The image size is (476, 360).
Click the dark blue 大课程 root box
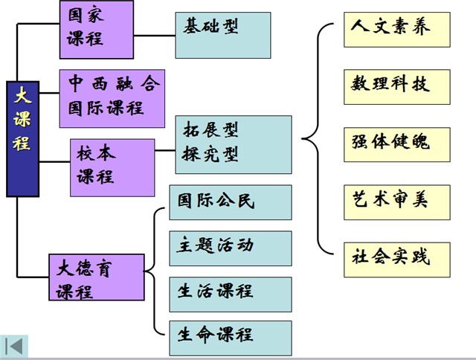click(x=22, y=138)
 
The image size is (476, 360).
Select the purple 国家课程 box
click(x=96, y=30)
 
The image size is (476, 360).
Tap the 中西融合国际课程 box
click(x=111, y=93)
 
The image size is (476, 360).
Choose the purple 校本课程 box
click(x=112, y=167)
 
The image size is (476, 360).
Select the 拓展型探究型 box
click(x=234, y=144)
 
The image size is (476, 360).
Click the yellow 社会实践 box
click(x=397, y=258)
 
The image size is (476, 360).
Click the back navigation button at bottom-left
click(x=15, y=347)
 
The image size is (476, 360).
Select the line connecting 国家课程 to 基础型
click(x=154, y=33)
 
